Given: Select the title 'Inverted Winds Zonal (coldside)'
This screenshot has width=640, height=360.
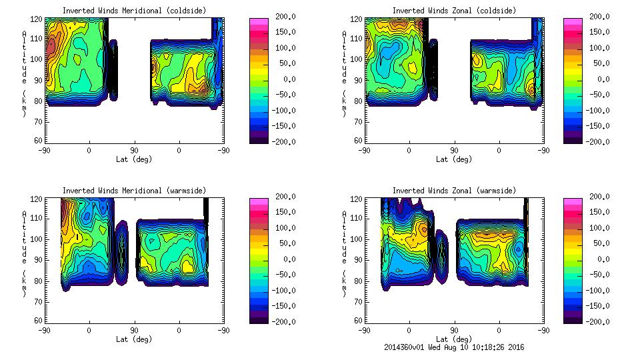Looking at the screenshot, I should click(454, 11).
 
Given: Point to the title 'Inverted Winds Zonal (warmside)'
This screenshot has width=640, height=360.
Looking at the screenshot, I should click(454, 191).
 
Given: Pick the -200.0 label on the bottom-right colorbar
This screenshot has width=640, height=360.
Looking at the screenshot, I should click(600, 321).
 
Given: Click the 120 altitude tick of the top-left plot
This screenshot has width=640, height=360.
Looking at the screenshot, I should click(38, 20).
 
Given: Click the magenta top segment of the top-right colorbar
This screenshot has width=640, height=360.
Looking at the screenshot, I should click(572, 21).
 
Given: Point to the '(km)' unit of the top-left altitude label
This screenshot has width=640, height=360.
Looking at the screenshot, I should click(25, 103).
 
